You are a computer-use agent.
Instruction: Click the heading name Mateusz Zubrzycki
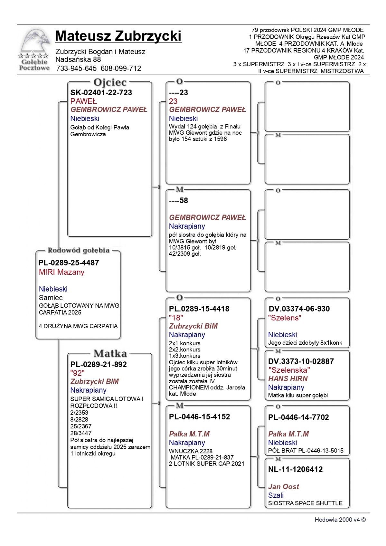click(118, 36)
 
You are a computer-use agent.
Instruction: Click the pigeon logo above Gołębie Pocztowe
click(35, 41)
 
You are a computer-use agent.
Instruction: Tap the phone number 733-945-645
click(76, 68)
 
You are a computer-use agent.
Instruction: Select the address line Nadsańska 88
click(78, 59)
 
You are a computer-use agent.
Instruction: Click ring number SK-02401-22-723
click(101, 93)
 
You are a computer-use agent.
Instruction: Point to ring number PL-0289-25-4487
click(69, 263)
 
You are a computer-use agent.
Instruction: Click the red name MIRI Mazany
click(61, 272)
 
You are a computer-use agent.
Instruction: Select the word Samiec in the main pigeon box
click(51, 298)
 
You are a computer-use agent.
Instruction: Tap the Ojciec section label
click(110, 83)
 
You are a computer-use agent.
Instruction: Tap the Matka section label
click(110, 354)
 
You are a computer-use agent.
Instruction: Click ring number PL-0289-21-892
click(98, 365)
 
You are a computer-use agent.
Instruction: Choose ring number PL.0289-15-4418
click(199, 309)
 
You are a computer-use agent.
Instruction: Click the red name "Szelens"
click(284, 318)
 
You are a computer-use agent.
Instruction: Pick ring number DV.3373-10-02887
click(301, 361)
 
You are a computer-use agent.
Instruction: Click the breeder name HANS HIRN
click(288, 379)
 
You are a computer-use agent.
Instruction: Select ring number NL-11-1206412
click(295, 469)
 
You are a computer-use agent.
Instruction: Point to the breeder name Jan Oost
click(283, 487)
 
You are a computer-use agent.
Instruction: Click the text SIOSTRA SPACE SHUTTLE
click(305, 503)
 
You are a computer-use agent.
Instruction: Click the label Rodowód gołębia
click(78, 250)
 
